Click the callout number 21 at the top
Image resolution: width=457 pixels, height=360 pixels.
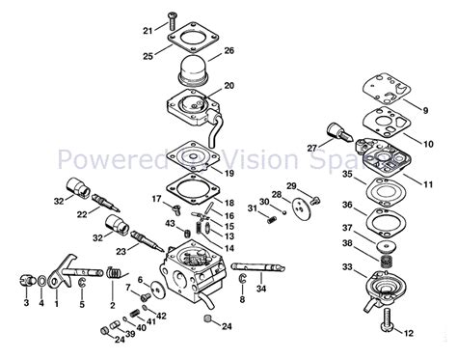pos(147,31)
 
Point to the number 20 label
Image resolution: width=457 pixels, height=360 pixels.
pos(228,86)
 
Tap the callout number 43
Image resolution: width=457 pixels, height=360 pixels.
pos(171,225)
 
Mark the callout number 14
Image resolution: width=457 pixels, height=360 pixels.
pos(228,247)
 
